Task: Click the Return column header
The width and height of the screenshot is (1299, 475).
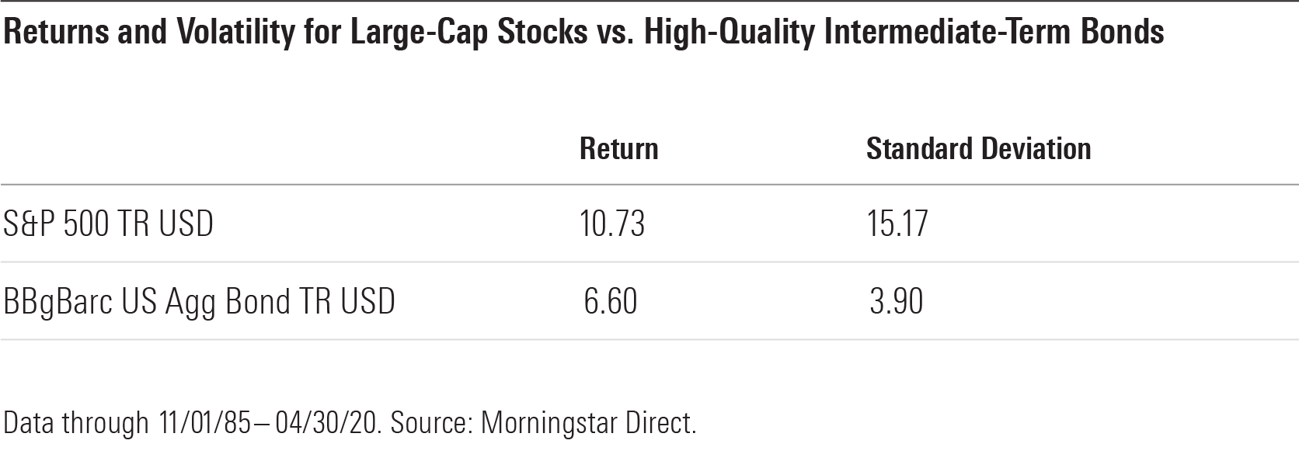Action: pos(618,149)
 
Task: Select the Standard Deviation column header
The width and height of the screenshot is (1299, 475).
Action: pos(979,149)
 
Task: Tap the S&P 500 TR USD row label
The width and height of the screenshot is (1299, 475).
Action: pos(109,224)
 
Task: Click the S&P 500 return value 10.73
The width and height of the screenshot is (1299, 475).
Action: pos(612,224)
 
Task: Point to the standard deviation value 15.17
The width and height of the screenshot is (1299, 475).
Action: pos(897,224)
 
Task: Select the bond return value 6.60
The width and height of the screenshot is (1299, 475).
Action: pos(611,301)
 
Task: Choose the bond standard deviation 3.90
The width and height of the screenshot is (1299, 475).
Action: pos(897,301)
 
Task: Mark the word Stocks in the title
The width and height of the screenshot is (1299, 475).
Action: pos(542,32)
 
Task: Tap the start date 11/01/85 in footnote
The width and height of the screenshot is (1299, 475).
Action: pos(204,423)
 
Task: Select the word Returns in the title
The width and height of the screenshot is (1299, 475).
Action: pos(56,32)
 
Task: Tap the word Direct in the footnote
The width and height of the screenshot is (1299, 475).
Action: pos(660,423)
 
